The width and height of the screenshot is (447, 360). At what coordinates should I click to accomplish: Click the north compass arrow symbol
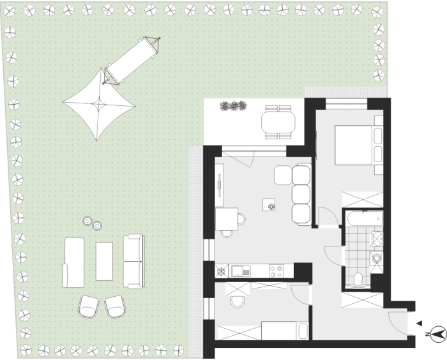(438, 334)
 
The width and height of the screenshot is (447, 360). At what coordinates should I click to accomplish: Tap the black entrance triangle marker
(420, 323)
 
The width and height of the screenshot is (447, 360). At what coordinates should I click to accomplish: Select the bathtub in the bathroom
(365, 219)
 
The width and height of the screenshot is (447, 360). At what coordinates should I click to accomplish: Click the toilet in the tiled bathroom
(358, 279)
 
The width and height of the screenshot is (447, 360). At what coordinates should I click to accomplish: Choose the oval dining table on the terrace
(278, 122)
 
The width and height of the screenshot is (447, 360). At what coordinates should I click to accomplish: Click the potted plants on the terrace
(233, 106)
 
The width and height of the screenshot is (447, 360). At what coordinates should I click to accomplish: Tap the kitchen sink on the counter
(241, 271)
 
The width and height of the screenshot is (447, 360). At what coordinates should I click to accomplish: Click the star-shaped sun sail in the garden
(98, 104)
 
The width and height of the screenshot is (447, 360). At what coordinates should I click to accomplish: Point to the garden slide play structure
(132, 61)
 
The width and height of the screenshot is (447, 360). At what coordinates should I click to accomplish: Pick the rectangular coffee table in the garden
(104, 261)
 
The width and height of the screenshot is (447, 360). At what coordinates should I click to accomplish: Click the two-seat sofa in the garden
(133, 261)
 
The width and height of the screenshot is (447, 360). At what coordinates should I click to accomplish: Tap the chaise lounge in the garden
(73, 262)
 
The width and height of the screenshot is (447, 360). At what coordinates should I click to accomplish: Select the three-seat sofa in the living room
(301, 195)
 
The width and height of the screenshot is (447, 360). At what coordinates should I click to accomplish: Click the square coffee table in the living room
(269, 205)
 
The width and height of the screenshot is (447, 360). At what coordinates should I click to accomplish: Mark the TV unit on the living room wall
(219, 185)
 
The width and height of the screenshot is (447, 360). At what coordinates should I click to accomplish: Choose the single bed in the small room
(285, 331)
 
